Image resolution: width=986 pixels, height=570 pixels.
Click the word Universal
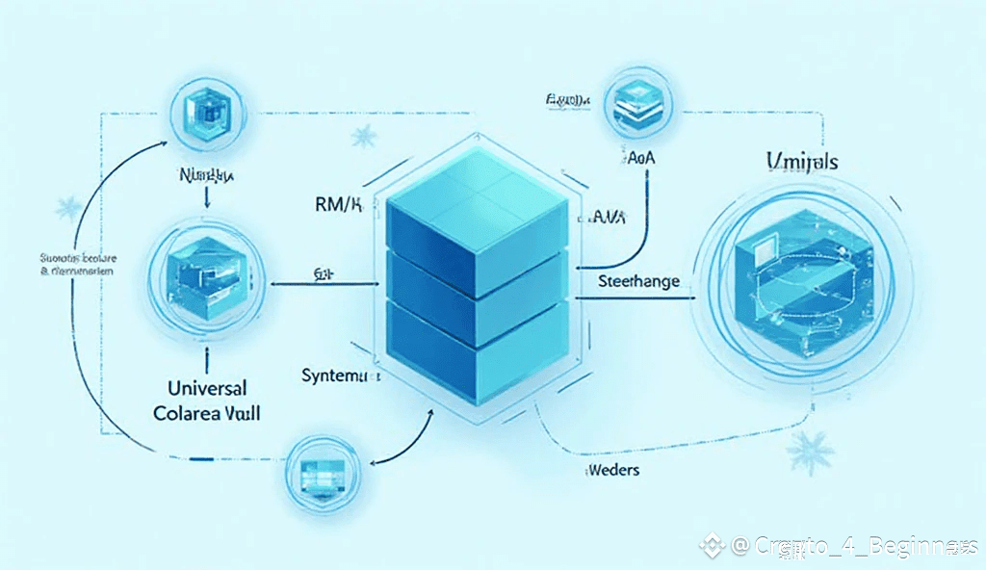200,388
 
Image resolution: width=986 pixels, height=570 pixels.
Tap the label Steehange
638,282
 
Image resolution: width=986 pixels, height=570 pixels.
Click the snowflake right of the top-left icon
364,136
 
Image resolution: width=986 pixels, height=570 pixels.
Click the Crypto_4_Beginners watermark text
857,546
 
